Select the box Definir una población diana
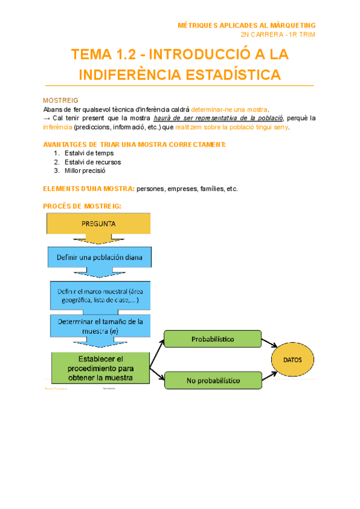click(99, 258)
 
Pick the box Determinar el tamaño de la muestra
click(99, 326)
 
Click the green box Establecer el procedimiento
click(100, 367)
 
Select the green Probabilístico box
click(213, 339)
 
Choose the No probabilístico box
click(213, 380)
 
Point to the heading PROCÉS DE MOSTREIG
click(82, 206)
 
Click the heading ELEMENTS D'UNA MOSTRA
click(89, 188)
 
